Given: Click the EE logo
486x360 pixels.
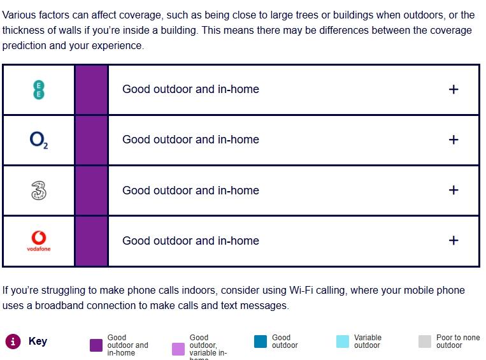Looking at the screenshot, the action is pyautogui.click(x=39, y=90).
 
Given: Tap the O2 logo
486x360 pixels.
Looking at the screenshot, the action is pyautogui.click(x=39, y=140).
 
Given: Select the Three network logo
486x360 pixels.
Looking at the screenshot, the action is pyautogui.click(x=39, y=191).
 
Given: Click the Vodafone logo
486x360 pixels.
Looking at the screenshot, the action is pyautogui.click(x=39, y=241).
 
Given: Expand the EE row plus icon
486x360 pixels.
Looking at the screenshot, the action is pyautogui.click(x=454, y=90).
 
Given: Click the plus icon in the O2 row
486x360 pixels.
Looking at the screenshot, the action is pyautogui.click(x=454, y=140).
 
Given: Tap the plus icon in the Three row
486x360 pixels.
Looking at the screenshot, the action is pyautogui.click(x=454, y=190).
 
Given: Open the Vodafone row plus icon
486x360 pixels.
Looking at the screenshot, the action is pyautogui.click(x=454, y=241).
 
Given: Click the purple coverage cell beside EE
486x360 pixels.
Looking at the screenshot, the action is pyautogui.click(x=92, y=90).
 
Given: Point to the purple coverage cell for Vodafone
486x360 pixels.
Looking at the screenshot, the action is pyautogui.click(x=92, y=241).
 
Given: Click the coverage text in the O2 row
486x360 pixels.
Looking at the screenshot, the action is pyautogui.click(x=190, y=140).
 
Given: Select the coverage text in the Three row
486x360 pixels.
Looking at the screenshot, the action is pyautogui.click(x=190, y=190).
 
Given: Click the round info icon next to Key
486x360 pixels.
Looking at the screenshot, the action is pyautogui.click(x=13, y=342).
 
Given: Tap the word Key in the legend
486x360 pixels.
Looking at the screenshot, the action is pyautogui.click(x=38, y=341).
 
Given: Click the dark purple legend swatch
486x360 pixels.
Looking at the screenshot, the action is pyautogui.click(x=96, y=345).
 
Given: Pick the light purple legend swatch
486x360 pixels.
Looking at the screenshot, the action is pyautogui.click(x=178, y=349).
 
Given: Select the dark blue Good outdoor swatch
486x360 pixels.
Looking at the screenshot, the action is pyautogui.click(x=261, y=342).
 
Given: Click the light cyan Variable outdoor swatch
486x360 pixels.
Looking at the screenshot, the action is pyautogui.click(x=343, y=342).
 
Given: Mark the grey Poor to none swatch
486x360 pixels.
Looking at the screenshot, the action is pyautogui.click(x=425, y=342).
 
